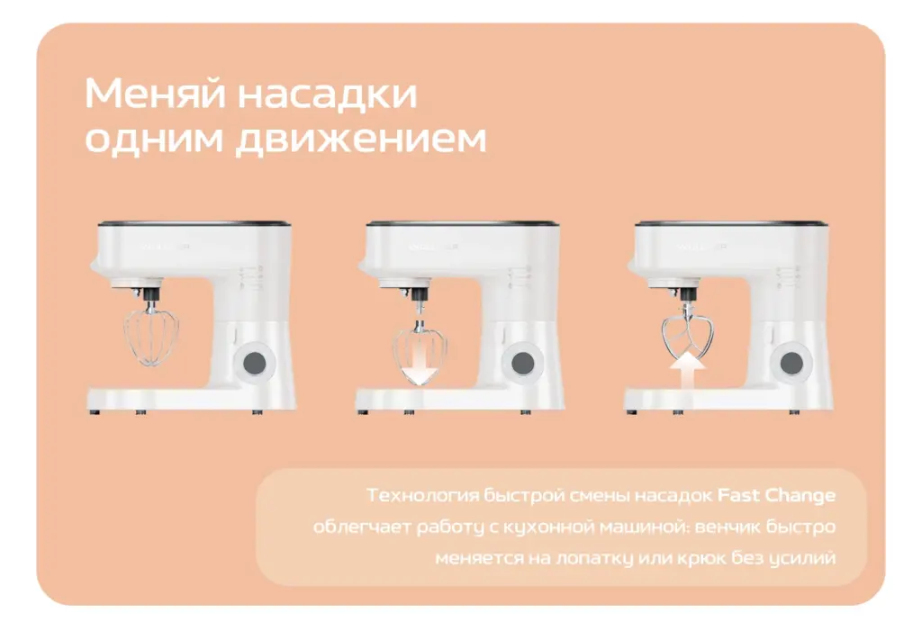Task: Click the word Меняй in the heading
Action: coord(155,93)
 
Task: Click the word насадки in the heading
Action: coord(327,94)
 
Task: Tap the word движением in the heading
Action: coord(362,139)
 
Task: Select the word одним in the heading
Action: coord(155,139)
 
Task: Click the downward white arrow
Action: coord(421,365)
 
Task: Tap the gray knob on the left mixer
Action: coord(254,363)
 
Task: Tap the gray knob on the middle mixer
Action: coord(522,363)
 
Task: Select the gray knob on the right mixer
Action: coord(791,364)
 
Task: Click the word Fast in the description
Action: coord(738,495)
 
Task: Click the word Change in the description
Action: coord(800,496)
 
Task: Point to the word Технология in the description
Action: coord(422,496)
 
